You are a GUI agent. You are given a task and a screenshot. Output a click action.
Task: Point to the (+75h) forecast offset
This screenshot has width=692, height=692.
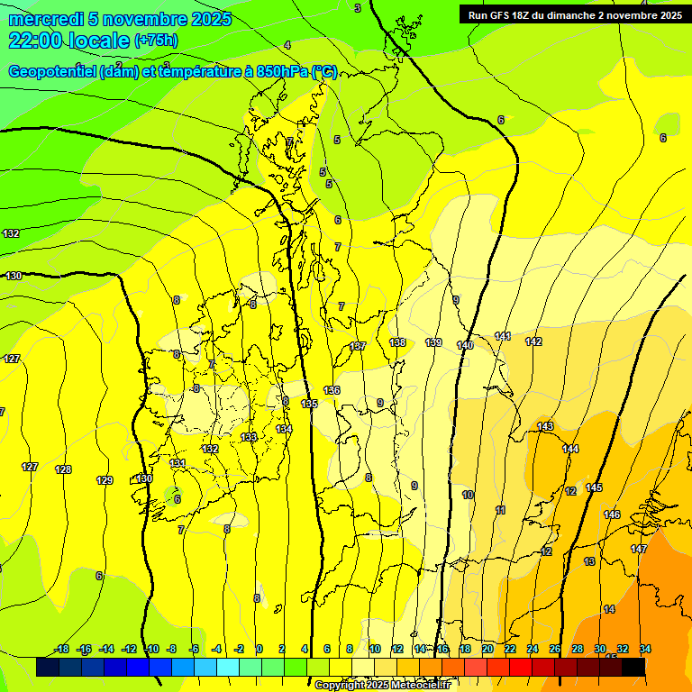tap(156, 41)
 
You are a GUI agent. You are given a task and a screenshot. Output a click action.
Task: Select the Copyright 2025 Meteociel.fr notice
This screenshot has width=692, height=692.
tap(382, 686)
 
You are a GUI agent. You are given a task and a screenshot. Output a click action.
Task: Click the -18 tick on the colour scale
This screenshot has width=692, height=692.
tap(61, 650)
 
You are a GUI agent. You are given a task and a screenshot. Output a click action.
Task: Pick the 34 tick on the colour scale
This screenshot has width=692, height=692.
tap(645, 650)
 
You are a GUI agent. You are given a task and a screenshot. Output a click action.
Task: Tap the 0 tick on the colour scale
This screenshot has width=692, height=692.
tap(259, 650)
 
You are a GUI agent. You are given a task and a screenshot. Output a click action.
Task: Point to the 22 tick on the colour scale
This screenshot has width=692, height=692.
tap(510, 650)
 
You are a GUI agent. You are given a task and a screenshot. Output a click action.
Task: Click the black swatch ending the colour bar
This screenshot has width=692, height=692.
tap(633, 667)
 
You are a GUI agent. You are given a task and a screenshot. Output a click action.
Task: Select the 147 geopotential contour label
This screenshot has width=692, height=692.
tap(639, 549)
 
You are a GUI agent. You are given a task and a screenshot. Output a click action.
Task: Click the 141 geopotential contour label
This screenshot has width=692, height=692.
tap(503, 336)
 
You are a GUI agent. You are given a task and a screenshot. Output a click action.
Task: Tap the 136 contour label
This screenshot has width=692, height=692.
tap(332, 390)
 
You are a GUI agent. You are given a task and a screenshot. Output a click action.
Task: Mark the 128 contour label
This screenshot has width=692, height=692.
tap(63, 469)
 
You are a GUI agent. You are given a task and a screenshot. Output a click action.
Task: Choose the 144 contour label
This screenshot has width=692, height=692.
tap(570, 449)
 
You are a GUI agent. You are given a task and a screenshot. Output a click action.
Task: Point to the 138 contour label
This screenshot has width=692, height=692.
tap(397, 342)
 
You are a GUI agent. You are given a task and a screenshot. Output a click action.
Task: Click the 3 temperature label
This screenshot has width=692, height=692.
tap(358, 8)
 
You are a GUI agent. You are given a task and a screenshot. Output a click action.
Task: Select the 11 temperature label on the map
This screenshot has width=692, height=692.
tap(500, 510)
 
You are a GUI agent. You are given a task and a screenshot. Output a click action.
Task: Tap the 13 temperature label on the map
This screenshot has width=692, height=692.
tap(589, 561)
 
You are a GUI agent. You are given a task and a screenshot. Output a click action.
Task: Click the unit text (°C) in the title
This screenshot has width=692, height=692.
tap(324, 72)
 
